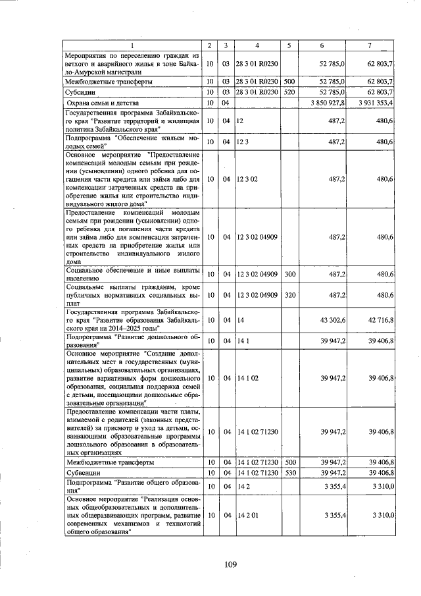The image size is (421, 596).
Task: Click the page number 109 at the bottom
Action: pyautogui.click(x=230, y=564)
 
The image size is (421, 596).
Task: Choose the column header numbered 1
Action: pyautogui.click(x=131, y=45)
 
